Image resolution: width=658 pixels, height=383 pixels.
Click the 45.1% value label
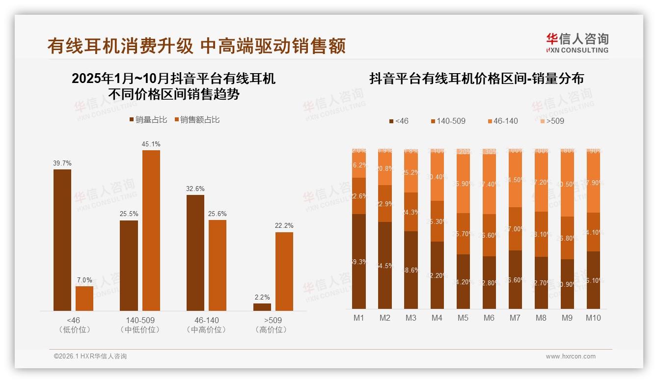(x=151, y=144)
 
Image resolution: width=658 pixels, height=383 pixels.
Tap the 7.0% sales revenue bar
(x=84, y=298)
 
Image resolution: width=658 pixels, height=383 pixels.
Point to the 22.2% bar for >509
(x=284, y=271)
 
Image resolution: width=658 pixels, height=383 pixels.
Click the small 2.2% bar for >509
(x=262, y=307)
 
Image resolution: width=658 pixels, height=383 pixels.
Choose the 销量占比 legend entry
(x=148, y=119)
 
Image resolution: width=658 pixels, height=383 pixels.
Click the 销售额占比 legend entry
(x=197, y=119)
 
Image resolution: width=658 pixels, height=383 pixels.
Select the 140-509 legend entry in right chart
(x=447, y=121)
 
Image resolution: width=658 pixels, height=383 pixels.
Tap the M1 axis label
(x=359, y=318)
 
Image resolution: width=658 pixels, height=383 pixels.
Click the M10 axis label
(x=593, y=318)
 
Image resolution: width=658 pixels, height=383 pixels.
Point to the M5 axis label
(x=463, y=318)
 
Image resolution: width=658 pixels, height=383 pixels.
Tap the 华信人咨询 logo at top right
(x=577, y=43)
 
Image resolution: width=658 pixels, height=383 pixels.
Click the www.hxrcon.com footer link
(x=571, y=356)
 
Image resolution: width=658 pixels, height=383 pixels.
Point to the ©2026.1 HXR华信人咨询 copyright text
(x=90, y=356)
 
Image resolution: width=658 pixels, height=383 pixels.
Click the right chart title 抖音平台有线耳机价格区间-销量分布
(x=476, y=79)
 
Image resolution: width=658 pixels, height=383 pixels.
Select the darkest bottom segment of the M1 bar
(x=359, y=261)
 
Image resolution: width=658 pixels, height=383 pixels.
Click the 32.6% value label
(x=195, y=189)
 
